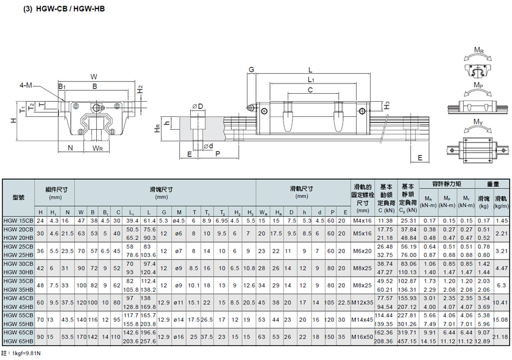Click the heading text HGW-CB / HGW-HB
[70, 9]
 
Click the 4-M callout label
[26, 85]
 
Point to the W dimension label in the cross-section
[94, 77]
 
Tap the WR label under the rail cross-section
[98, 148]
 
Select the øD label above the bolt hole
[197, 107]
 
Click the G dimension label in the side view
[251, 69]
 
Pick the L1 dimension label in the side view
[311, 80]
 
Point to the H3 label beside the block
[387, 105]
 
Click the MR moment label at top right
[478, 51]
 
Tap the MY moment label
[478, 122]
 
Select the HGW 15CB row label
[18, 221]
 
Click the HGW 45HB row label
[18, 307]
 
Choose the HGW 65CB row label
[18, 332]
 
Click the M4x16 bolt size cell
[362, 221]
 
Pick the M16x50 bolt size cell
[362, 337]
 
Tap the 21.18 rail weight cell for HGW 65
[500, 337]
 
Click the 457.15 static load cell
[407, 341]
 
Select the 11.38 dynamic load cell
[385, 221]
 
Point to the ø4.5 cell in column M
[179, 221]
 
